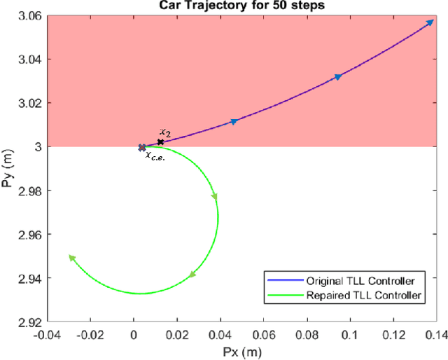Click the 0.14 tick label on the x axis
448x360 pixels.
435,333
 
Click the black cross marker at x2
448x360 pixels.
160,142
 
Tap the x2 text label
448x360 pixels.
164,132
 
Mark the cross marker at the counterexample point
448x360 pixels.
142,148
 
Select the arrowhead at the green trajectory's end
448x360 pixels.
72,258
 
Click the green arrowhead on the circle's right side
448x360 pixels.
215,197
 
